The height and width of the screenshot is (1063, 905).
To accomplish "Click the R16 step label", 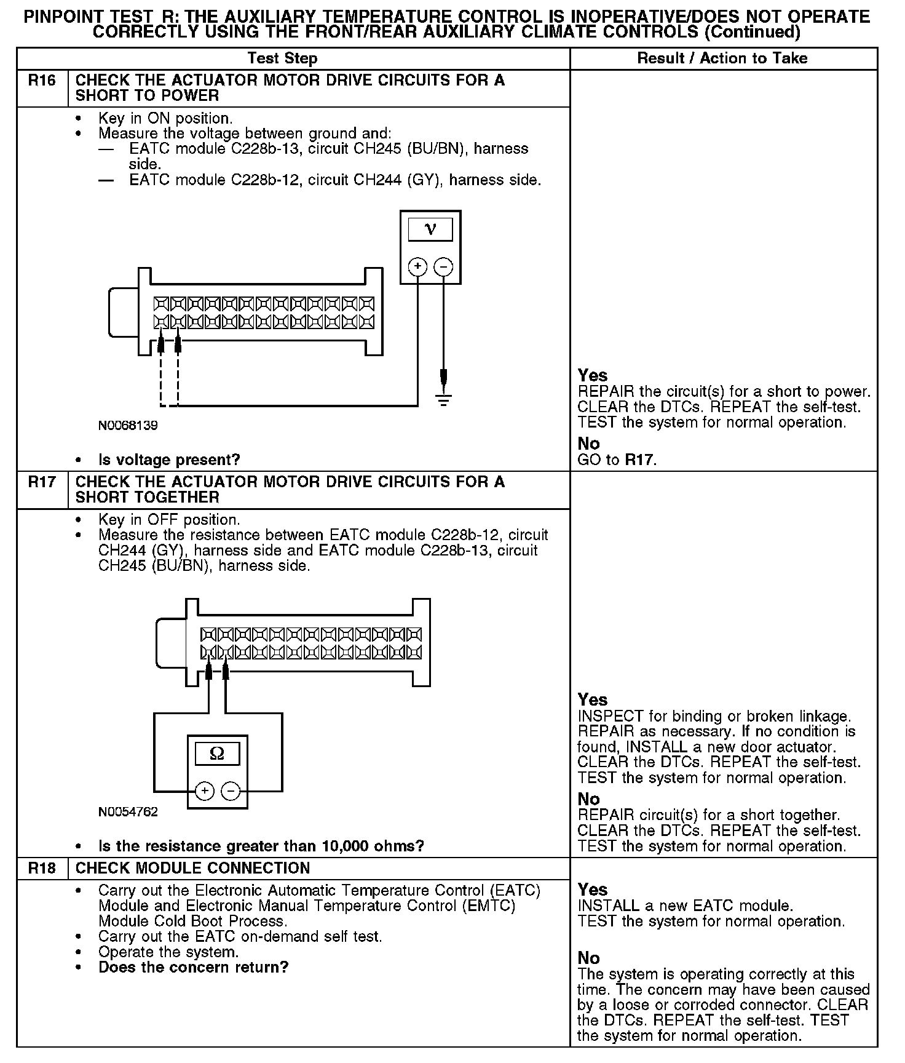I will pyautogui.click(x=42, y=81).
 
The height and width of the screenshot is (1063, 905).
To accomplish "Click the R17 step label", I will pyautogui.click(x=42, y=482).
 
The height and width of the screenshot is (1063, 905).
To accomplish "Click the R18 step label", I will pyautogui.click(x=42, y=868).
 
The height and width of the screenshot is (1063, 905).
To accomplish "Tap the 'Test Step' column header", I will pyautogui.click(x=282, y=58).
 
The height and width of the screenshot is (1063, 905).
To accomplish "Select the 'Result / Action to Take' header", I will pyautogui.click(x=722, y=58).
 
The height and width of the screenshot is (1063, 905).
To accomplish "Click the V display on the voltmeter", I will pyautogui.click(x=430, y=229).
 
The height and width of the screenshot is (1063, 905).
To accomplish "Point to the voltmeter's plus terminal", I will pyautogui.click(x=417, y=266).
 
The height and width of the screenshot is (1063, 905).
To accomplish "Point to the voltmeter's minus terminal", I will pyautogui.click(x=443, y=266).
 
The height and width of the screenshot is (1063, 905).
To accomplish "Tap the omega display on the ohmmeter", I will pyautogui.click(x=217, y=753).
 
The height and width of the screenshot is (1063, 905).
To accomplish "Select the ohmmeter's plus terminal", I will pyautogui.click(x=205, y=790).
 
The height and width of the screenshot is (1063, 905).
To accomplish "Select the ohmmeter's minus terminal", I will pyautogui.click(x=231, y=790).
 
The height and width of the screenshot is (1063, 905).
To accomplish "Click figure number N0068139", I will pyautogui.click(x=128, y=426).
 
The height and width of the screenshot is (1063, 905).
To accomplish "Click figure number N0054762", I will pyautogui.click(x=128, y=812).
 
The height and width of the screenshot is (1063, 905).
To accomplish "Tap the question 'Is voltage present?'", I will pyautogui.click(x=169, y=460).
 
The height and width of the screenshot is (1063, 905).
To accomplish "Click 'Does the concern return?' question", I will pyautogui.click(x=193, y=967).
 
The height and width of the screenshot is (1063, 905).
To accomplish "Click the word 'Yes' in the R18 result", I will pyautogui.click(x=592, y=890).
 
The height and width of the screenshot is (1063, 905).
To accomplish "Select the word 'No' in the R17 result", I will pyautogui.click(x=588, y=799).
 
